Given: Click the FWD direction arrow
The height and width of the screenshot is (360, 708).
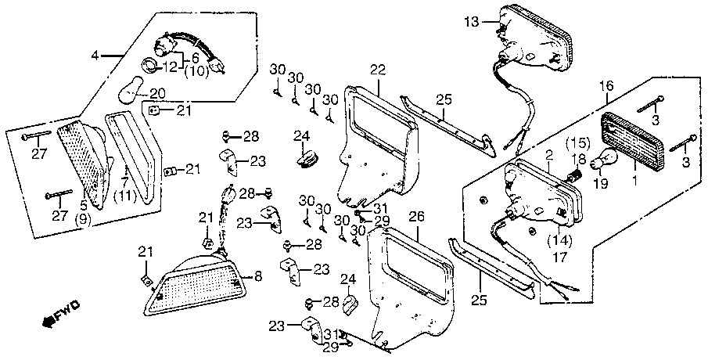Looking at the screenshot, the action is point(59,312).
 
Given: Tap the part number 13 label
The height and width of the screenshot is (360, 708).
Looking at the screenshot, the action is point(472,22).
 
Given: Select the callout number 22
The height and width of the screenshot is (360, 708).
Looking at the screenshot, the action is point(378,70).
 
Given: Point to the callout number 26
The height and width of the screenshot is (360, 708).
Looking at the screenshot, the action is point(417,218).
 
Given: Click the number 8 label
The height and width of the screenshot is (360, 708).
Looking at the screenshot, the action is point(258,276).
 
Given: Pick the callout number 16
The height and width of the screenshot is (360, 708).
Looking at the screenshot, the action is point(607,85).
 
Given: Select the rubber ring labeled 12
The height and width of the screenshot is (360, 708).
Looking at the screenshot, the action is point(151,65).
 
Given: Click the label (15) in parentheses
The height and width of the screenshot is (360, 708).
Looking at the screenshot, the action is point(577,144).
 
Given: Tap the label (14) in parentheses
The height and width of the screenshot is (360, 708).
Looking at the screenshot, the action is point(559,239).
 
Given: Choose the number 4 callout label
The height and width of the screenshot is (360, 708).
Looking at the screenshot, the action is point(95,56).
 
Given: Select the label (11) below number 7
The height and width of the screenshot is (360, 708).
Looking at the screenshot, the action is point(124,197).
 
